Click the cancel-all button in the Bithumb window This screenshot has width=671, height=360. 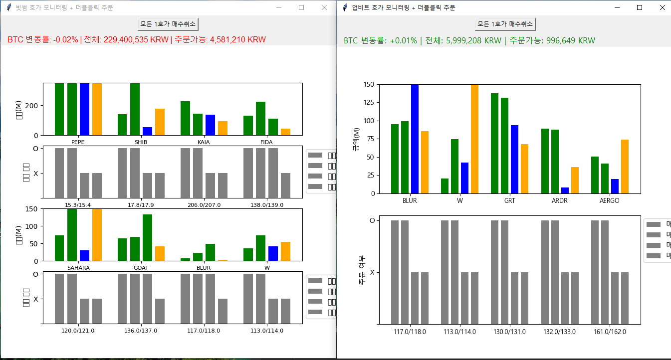point(168,23)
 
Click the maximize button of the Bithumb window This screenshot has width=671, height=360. point(301,7)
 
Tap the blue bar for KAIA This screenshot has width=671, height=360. point(210,125)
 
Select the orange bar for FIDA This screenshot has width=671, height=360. point(285,132)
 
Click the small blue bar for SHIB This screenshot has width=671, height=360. point(147,131)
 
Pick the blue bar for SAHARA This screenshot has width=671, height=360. point(85,255)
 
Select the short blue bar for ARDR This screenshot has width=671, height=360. point(565,190)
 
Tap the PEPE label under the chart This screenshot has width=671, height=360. point(78,142)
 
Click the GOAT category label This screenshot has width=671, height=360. point(141,268)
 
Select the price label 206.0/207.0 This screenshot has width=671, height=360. point(204,205)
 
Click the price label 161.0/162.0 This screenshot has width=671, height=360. point(610,332)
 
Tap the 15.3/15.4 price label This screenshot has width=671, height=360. point(78,205)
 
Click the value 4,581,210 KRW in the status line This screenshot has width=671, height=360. point(237,39)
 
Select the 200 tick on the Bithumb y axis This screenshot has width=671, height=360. point(32,106)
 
